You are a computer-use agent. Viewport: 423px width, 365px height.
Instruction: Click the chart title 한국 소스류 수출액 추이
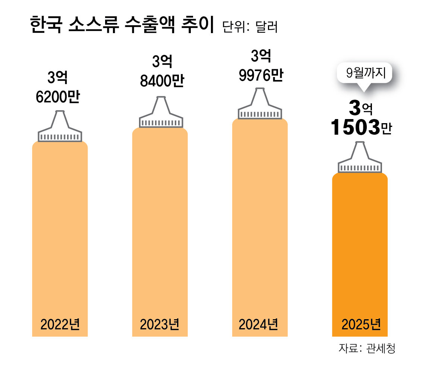pyautogui.click(x=121, y=26)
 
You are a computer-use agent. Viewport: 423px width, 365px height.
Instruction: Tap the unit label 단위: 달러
pyautogui.click(x=250, y=27)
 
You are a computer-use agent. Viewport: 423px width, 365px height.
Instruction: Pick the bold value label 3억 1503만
pyautogui.click(x=361, y=118)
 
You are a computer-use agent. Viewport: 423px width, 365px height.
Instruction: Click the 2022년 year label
pyautogui.click(x=60, y=324)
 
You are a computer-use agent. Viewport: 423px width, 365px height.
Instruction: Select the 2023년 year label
pyautogui.click(x=160, y=324)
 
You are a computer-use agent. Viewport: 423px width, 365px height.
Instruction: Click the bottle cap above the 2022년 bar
pyautogui.click(x=60, y=128)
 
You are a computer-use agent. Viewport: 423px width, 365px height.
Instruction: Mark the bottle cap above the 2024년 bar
pyautogui.click(x=260, y=106)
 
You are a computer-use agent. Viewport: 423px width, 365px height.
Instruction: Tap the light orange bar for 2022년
pyautogui.click(x=60, y=231)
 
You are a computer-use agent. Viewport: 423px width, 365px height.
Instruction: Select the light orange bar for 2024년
pyautogui.click(x=260, y=220)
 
